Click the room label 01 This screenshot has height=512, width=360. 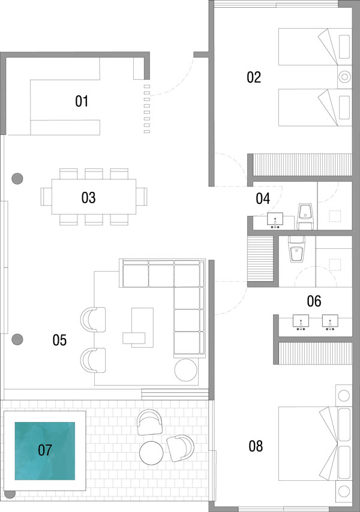[x=82, y=101]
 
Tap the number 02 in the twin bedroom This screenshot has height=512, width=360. [x=254, y=77]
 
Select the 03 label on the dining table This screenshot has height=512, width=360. [x=89, y=198]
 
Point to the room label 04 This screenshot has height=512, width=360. [x=263, y=198]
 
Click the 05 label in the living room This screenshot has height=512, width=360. [x=59, y=340]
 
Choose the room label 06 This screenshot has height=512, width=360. [x=314, y=301]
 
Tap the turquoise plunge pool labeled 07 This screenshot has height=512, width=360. [x=45, y=451]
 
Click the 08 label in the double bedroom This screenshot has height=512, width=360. [x=256, y=446]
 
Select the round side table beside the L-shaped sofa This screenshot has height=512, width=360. [x=186, y=370]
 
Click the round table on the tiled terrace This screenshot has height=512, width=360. [x=151, y=453]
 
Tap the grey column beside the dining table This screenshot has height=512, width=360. [x=17, y=179]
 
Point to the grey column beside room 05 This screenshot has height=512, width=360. [x=17, y=339]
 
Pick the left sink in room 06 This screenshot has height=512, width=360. [x=301, y=322]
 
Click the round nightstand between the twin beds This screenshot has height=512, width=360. [x=344, y=77]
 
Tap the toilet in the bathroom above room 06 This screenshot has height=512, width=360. [x=296, y=249]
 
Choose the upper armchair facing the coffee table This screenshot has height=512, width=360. [x=93, y=320]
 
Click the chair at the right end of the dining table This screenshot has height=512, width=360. [x=142, y=197]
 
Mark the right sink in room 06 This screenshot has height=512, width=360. [x=330, y=322]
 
